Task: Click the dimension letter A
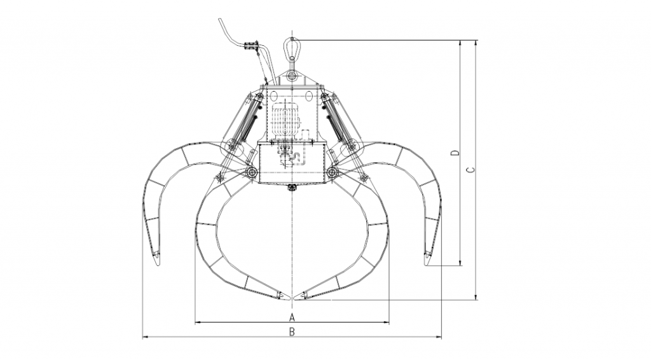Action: (292, 317)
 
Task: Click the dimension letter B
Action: (292, 332)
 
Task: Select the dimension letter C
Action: (470, 170)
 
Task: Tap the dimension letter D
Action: (455, 153)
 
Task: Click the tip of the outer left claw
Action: (157, 265)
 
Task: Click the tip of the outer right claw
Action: (427, 265)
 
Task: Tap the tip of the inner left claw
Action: (289, 297)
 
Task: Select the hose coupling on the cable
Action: (252, 46)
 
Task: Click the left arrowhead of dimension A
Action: (196, 322)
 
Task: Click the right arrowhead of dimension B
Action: (441, 337)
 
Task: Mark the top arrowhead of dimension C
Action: (476, 41)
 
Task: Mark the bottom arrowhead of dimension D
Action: (460, 265)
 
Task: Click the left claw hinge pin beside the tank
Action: (251, 172)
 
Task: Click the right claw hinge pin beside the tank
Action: (332, 172)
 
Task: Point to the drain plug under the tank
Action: (292, 188)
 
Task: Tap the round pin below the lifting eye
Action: (292, 76)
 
